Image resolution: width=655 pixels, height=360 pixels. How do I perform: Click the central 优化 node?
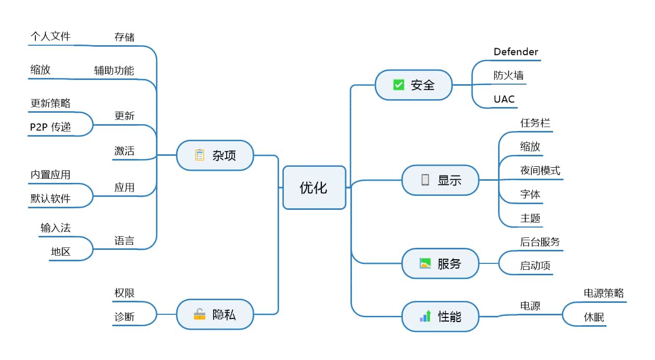pos(314,188)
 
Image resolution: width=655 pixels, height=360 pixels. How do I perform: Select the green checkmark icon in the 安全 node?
pos(399,85)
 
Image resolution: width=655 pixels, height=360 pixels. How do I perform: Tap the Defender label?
pos(516,52)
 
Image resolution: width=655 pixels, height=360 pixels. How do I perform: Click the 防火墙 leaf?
pos(508,75)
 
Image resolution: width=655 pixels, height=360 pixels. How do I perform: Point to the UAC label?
pos(504,99)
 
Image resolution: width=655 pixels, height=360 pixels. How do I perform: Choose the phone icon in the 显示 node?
pos(425,180)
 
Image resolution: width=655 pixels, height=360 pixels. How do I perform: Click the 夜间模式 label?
pos(540,170)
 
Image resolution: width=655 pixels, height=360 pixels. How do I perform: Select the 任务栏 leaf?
pos(535,123)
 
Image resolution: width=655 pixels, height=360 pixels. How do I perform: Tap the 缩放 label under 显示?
pos(530,146)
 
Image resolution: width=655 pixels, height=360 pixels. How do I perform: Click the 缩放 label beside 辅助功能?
pos(41,70)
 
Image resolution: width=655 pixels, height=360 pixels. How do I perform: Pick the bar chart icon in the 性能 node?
pos(425,316)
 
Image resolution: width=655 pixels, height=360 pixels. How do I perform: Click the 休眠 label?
pos(594,316)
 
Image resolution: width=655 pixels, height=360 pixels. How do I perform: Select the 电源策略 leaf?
pos(604,293)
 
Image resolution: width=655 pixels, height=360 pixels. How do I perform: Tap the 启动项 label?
pos(535,265)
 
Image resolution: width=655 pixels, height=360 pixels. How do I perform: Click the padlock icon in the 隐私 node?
pos(200,314)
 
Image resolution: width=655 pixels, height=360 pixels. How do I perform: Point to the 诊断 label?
pos(124,316)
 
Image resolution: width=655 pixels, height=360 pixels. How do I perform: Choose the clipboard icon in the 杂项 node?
pos(200,155)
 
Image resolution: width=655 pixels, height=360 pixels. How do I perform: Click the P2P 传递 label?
pos(50,127)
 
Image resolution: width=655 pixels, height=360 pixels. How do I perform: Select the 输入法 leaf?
pos(56,228)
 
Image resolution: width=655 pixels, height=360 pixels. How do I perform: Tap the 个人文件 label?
pos(50,36)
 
